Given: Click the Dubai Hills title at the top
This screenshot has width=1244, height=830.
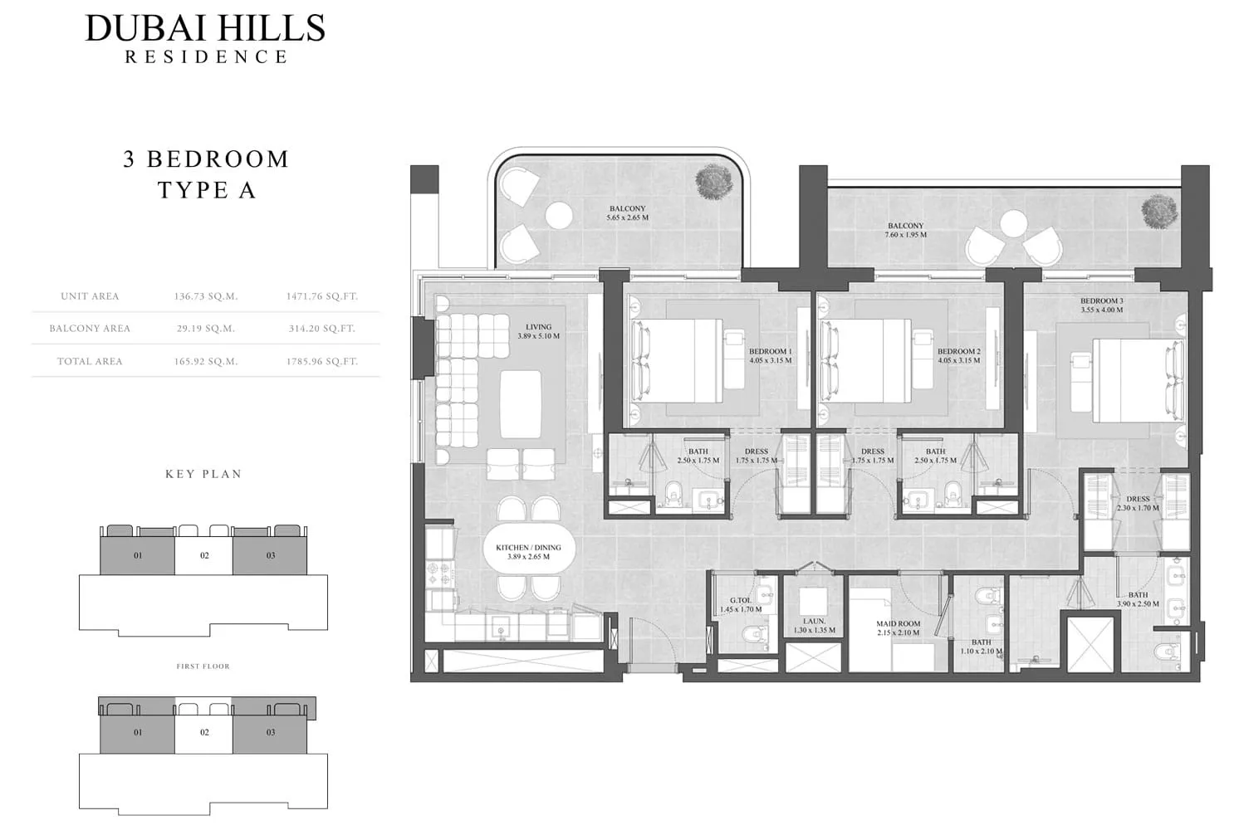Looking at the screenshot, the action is point(205,28).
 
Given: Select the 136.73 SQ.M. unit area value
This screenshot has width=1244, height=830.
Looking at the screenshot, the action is point(206,296).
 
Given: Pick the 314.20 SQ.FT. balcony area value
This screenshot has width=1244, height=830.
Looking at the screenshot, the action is point(322,329).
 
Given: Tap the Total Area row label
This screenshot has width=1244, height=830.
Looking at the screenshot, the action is point(90,361).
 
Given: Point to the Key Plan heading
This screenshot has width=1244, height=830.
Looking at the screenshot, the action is point(203,474).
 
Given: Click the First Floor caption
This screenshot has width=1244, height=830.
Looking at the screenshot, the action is point(203,666).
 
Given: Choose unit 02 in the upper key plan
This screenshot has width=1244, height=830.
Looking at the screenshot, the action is point(204,556).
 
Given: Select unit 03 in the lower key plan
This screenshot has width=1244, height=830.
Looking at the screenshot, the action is point(271,732).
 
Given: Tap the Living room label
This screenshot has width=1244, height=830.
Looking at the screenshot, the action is point(539,327).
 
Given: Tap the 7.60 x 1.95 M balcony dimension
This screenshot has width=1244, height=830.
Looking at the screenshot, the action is point(906,235).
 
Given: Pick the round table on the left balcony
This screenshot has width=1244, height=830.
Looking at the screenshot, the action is point(559,216).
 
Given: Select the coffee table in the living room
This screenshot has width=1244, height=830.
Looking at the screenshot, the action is point(521,405).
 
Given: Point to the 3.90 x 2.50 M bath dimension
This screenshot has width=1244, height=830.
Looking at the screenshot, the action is point(1138,603).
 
